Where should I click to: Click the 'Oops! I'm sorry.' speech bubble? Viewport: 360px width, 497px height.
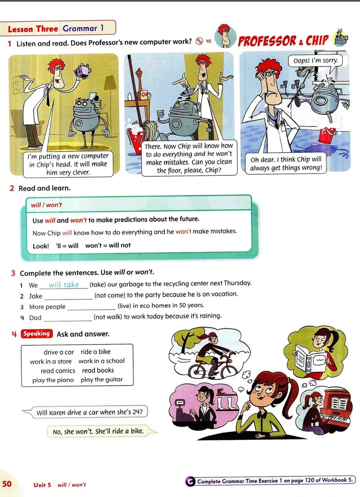tap(315, 61)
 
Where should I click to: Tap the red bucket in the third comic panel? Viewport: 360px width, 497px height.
tap(327, 135)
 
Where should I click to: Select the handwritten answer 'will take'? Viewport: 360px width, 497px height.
tap(63, 285)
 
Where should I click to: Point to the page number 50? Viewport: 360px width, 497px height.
tap(7, 484)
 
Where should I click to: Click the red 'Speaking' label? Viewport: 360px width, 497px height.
tap(36, 333)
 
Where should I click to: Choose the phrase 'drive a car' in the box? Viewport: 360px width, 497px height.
tap(58, 352)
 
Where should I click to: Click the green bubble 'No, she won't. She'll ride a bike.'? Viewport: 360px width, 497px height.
tap(102, 431)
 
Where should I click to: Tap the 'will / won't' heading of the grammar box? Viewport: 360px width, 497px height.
tap(46, 205)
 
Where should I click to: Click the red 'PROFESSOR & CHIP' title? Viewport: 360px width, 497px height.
tap(283, 41)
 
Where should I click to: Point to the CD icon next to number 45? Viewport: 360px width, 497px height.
tap(199, 41)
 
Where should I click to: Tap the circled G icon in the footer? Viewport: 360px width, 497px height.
tap(189, 481)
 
